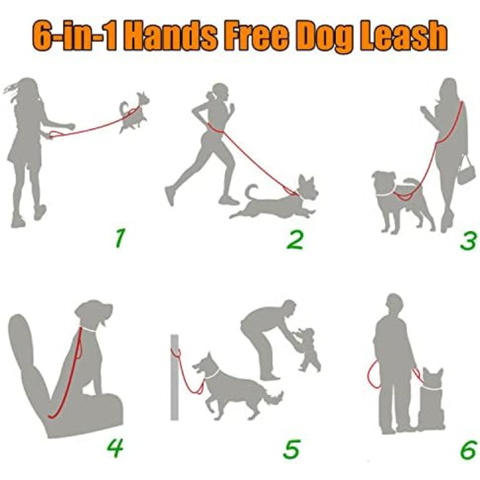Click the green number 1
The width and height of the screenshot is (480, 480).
pos(120,239)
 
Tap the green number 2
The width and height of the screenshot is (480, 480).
pos(295,240)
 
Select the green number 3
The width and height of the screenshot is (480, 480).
pos(468,241)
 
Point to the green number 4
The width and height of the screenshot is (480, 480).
pos(115,448)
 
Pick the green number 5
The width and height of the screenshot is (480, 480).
pos(291,449)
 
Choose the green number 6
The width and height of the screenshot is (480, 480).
pos(468,450)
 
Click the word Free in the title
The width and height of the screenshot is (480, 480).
pos(255,35)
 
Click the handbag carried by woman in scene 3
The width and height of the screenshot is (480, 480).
pos(466,171)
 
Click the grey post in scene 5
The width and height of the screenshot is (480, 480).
pos(174,377)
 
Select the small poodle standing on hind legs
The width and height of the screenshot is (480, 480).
pos(307,349)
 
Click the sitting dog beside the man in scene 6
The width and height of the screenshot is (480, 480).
pos(431,400)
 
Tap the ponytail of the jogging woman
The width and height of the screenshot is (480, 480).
pos(211,95)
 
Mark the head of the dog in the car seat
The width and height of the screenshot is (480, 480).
pos(93,314)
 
